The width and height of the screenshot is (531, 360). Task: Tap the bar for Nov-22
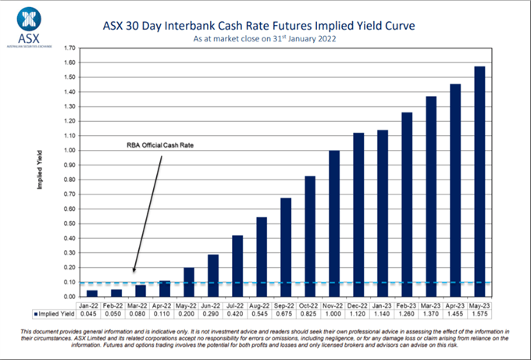[334, 223]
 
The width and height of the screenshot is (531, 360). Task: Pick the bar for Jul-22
[237, 266]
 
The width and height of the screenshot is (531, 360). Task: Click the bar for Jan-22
[92, 294]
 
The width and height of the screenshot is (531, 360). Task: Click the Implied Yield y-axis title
[38, 169]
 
